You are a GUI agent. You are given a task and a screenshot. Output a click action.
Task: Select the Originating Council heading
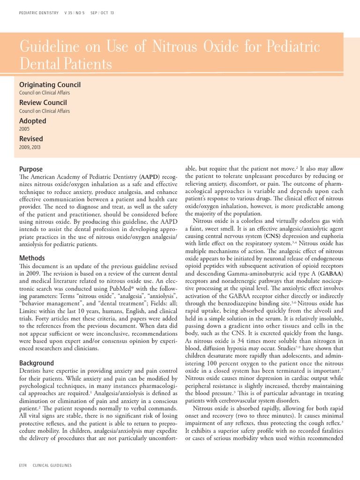tap(50, 84)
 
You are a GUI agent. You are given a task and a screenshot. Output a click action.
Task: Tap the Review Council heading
tap(43, 102)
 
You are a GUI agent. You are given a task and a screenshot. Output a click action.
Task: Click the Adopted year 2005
tap(24, 128)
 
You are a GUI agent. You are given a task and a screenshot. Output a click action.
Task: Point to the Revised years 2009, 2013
tap(30, 147)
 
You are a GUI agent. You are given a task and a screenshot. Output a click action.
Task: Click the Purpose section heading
tap(31, 169)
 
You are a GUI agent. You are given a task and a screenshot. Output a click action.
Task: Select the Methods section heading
tap(32, 258)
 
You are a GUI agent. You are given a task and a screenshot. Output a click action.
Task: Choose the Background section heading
tap(37, 363)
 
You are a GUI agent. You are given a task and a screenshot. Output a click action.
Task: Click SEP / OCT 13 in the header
tap(102, 13)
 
